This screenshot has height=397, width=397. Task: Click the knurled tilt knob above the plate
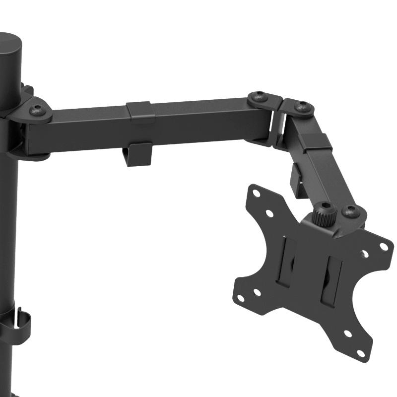tap(325, 214)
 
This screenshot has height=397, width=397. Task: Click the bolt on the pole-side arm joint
tap(37, 110)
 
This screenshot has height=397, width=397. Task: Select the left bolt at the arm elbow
tap(259, 97)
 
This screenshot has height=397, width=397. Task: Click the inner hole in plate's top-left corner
tap(269, 213)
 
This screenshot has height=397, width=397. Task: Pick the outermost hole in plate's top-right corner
tap(383, 246)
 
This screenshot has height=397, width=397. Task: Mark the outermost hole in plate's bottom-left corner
tap(241, 298)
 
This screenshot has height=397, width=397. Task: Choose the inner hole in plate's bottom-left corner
tap(257, 292)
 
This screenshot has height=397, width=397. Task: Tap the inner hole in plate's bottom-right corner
tap(347, 334)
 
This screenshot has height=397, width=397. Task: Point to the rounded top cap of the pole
tap(10, 47)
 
